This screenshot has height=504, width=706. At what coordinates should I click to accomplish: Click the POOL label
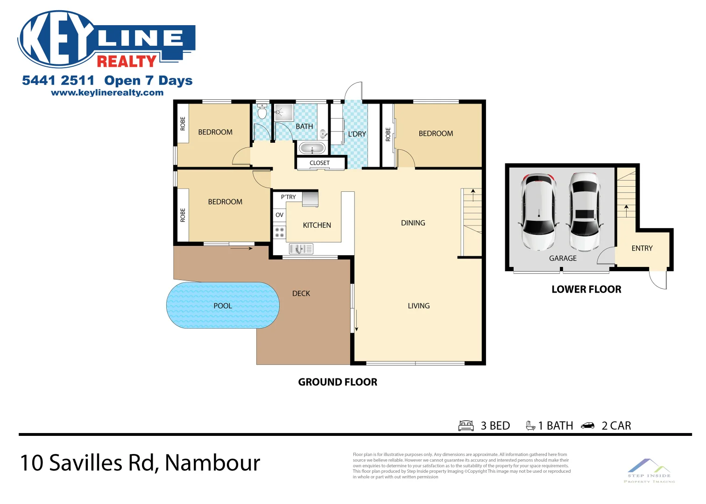223,306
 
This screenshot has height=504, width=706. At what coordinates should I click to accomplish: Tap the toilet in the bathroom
262,112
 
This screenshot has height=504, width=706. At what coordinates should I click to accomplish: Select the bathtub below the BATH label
312,149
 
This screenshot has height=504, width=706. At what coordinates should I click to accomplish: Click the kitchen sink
301,249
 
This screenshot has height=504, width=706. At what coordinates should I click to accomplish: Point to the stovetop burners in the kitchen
279,232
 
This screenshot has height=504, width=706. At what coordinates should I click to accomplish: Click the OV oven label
279,215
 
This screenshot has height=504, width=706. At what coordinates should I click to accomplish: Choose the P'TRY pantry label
288,197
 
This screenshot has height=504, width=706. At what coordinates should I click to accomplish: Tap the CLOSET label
319,163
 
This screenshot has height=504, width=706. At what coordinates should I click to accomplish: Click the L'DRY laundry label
357,134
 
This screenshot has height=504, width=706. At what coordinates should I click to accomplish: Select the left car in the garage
538,212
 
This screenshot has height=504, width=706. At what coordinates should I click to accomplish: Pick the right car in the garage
585,212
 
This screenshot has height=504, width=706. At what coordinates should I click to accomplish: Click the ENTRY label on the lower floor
642,248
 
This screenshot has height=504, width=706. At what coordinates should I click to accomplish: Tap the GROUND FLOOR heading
338,382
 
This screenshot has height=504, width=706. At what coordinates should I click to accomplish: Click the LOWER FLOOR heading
586,289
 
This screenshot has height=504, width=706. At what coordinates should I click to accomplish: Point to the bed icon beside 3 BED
466,426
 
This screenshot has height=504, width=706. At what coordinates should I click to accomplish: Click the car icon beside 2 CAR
587,426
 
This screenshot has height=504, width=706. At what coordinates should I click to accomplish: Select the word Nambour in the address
212,463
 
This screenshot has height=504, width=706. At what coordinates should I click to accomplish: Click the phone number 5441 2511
58,81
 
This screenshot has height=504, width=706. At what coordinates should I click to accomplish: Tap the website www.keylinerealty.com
107,92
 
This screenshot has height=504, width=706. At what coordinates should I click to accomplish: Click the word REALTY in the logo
127,61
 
